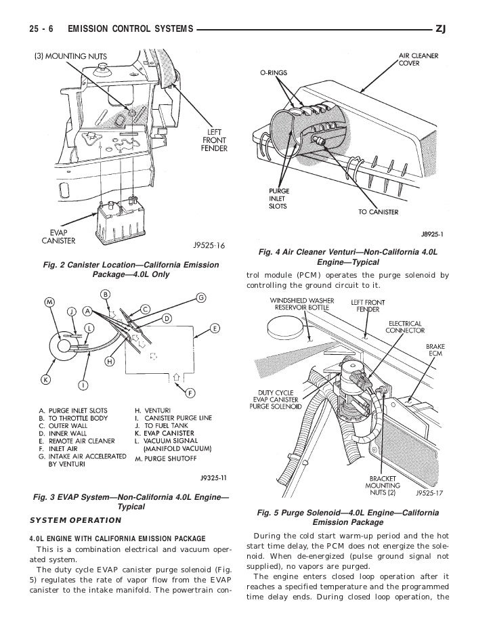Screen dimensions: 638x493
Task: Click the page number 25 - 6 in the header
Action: (x=42, y=29)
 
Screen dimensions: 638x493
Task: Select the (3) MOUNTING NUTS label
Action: (x=67, y=55)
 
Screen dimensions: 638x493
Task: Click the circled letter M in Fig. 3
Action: (x=49, y=301)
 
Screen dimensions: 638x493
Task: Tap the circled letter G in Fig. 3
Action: (x=201, y=297)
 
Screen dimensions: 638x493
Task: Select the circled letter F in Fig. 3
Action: (x=190, y=392)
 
